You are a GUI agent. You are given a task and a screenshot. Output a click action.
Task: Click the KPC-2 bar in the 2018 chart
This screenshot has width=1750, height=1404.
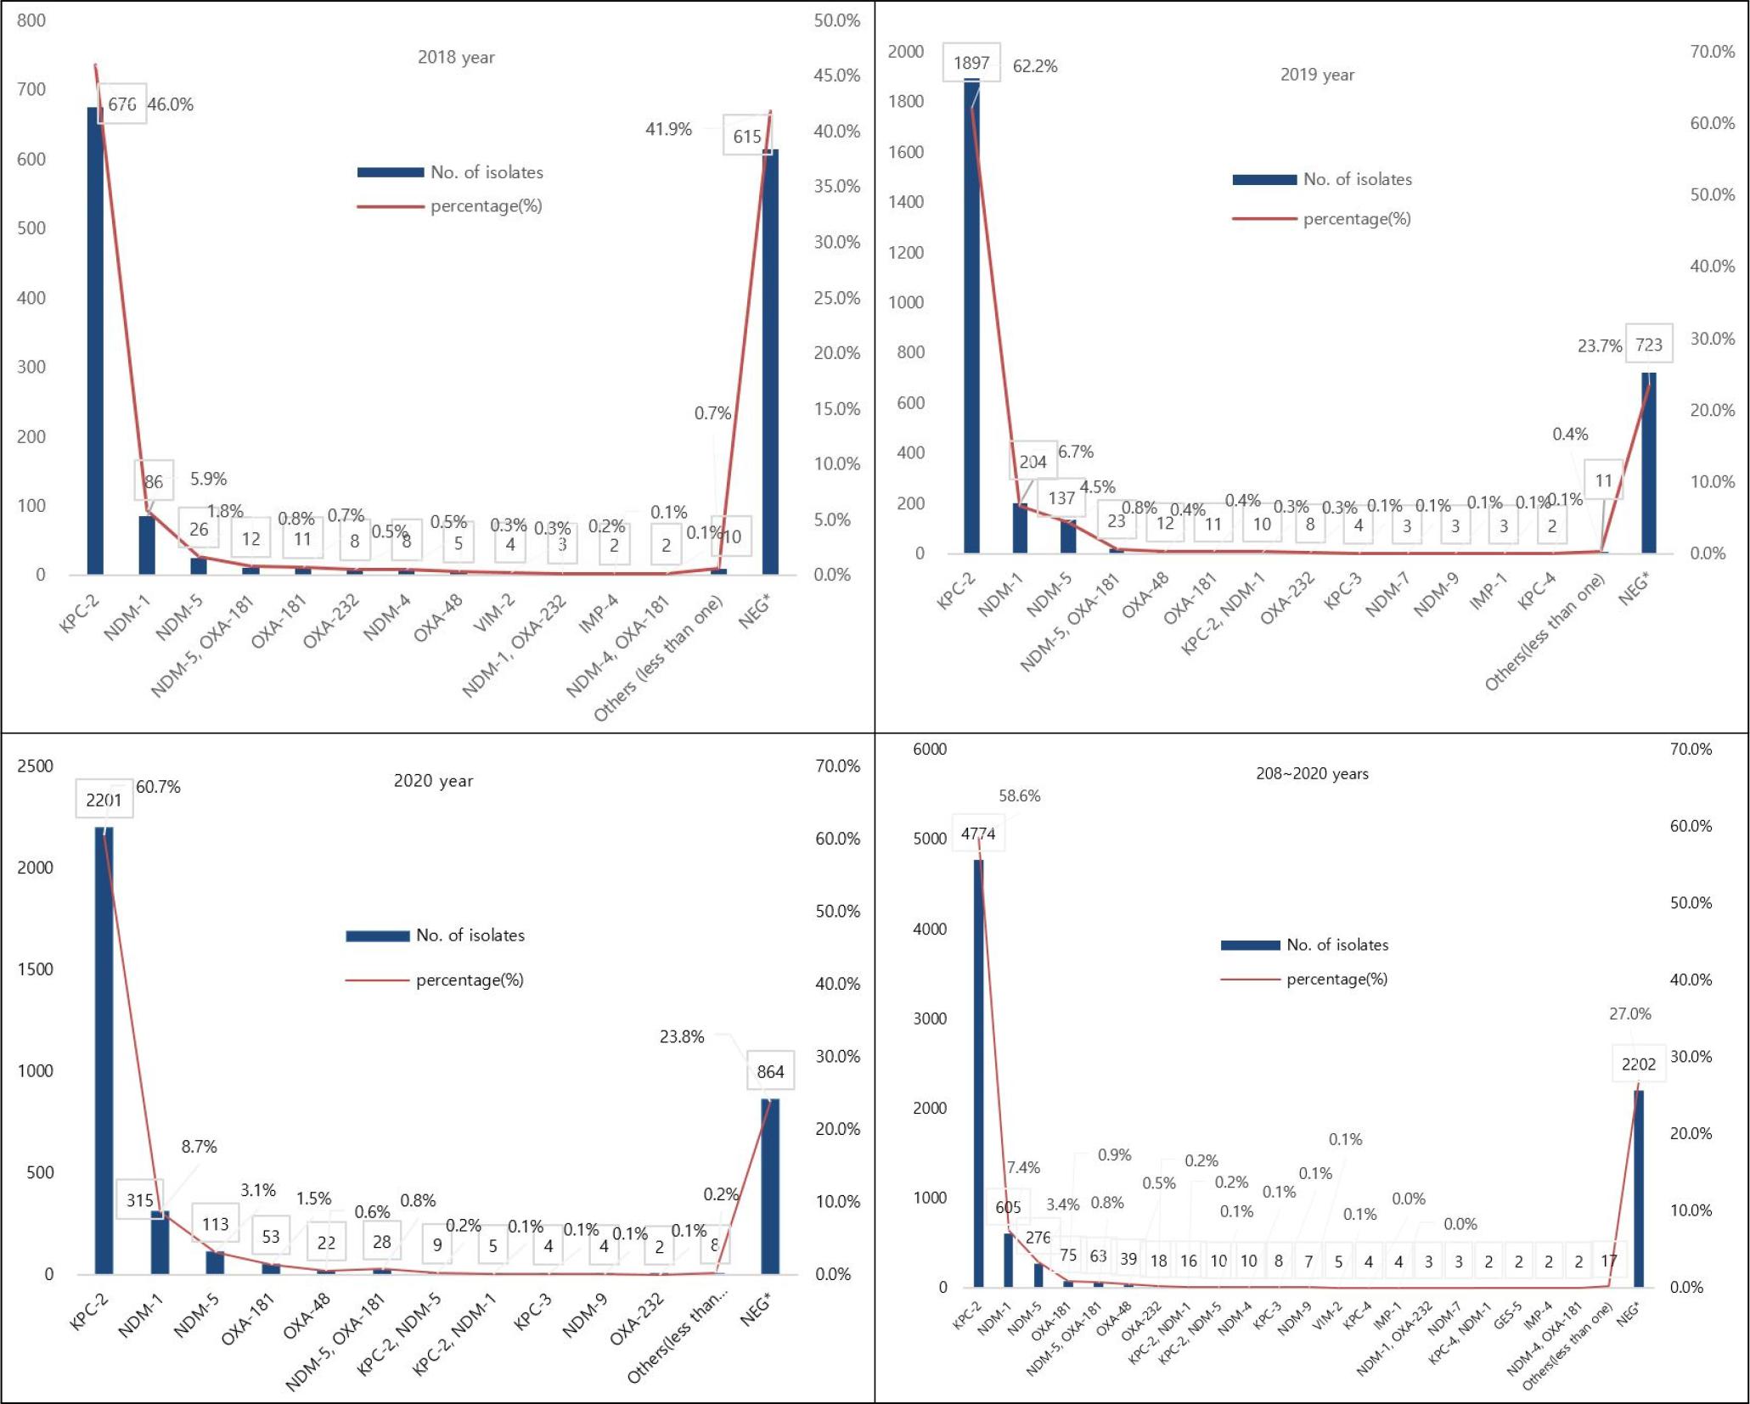pyautogui.click(x=95, y=340)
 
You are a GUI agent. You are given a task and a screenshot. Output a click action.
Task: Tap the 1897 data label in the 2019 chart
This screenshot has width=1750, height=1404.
pyautogui.click(x=971, y=63)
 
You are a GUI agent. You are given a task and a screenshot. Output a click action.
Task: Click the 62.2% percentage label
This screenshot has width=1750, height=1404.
pyautogui.click(x=1035, y=66)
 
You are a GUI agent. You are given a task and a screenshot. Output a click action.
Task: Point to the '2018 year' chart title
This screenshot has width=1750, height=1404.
pyautogui.click(x=456, y=58)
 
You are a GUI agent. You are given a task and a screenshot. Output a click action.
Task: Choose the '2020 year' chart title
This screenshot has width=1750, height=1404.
pyautogui.click(x=433, y=781)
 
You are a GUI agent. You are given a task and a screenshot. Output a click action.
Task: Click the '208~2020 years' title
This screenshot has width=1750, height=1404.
pyautogui.click(x=1312, y=773)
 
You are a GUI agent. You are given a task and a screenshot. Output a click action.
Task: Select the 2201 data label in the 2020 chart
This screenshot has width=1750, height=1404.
pyautogui.click(x=104, y=800)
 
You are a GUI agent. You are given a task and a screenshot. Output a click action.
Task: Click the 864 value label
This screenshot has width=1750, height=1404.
pyautogui.click(x=770, y=1071)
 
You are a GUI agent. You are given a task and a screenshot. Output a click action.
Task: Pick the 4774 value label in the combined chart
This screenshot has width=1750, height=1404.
pyautogui.click(x=978, y=834)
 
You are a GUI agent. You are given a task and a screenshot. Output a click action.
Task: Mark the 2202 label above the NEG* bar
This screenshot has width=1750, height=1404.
pyautogui.click(x=1638, y=1064)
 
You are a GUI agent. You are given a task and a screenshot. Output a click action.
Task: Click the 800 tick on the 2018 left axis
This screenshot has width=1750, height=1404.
pyautogui.click(x=31, y=20)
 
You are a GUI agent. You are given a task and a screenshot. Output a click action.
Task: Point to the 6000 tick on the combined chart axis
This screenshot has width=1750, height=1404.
pyautogui.click(x=930, y=749)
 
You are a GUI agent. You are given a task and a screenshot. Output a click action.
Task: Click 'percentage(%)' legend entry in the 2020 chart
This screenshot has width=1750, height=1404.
pyautogui.click(x=469, y=980)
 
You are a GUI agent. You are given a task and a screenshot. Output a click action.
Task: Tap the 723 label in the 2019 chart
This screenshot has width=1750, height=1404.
pyautogui.click(x=1648, y=345)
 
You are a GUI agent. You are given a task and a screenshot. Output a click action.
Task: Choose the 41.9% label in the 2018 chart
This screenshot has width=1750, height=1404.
pyautogui.click(x=668, y=129)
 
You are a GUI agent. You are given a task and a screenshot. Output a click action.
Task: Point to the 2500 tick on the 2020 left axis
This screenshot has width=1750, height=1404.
pyautogui.click(x=35, y=766)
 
